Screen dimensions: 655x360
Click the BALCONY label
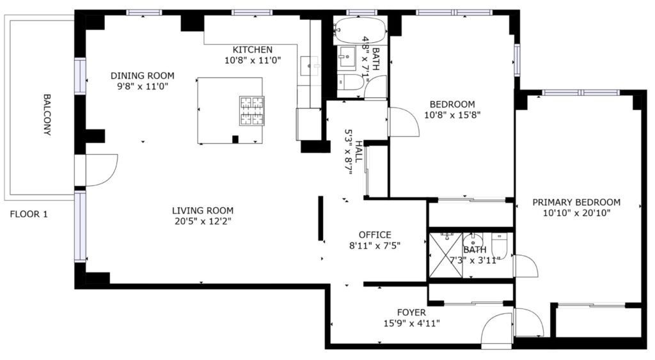pos(47,115)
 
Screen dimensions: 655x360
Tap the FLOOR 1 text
pos(29,214)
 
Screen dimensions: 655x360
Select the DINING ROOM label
pos(143,75)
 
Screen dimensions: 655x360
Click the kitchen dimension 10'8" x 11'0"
pos(253,60)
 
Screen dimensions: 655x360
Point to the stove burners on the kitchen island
pos(252,111)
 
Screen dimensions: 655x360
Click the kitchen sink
pos(309,66)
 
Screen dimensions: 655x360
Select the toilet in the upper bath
pos(350,82)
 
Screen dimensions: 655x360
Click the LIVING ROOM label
pos(203,210)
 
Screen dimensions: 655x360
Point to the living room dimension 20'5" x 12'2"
pos(203,221)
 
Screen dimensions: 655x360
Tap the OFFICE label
pos(375,235)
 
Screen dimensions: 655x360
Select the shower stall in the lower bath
pos(446,254)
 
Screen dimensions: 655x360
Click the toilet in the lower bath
pos(499,246)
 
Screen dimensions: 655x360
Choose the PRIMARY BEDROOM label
pos(576,202)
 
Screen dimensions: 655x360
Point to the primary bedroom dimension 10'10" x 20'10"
pos(576,213)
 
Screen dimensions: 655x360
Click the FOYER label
pos(411,313)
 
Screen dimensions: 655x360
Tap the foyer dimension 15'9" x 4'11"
pos(411,324)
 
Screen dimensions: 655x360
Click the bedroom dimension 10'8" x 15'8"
pos(452,115)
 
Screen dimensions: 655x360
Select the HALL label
pos(358,152)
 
